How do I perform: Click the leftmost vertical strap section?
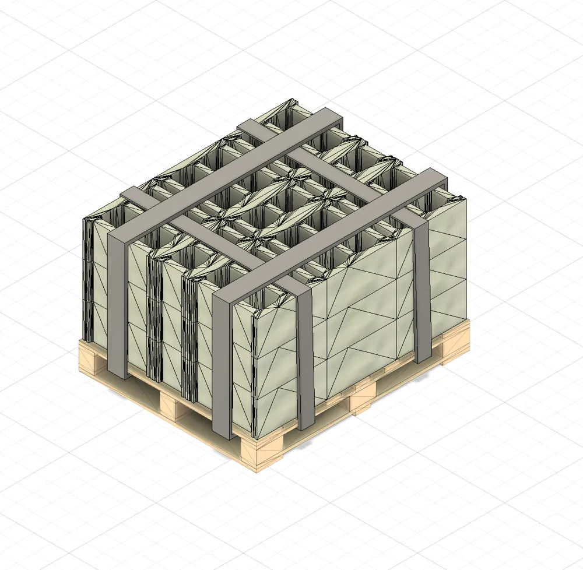coord(117,303)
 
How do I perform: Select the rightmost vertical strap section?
coord(422,291)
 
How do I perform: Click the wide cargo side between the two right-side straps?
coord(361,315)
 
